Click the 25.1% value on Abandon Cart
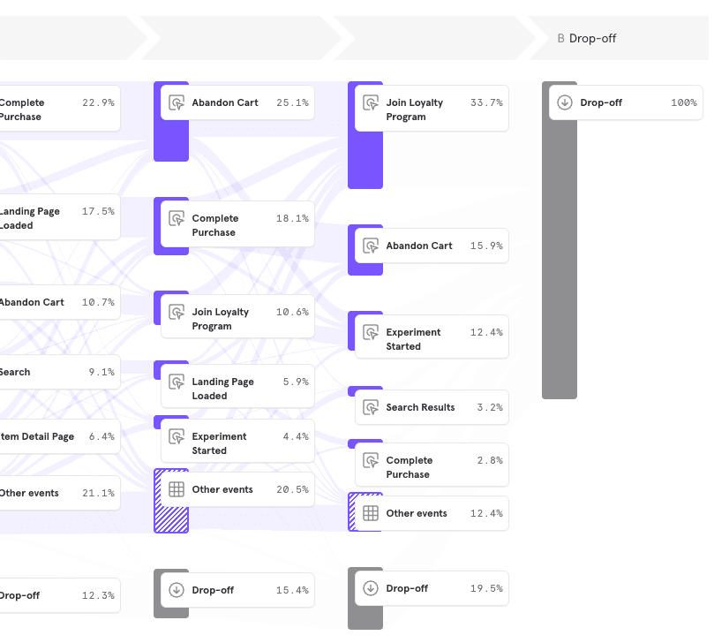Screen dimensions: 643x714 [292, 102]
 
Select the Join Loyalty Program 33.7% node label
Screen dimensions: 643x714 [414, 110]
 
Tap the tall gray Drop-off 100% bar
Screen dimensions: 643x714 [559, 265]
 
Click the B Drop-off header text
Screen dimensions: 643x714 [587, 39]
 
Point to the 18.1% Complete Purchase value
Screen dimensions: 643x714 [292, 218]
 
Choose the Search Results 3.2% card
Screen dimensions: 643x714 [432, 407]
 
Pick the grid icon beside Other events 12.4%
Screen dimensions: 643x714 [371, 513]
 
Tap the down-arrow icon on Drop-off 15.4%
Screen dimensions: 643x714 [177, 590]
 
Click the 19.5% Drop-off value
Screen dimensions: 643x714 [486, 588]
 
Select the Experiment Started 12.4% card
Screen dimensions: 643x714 [432, 339]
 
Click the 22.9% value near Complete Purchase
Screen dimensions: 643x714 [98, 102]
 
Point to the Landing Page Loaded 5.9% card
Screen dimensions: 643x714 [237, 389]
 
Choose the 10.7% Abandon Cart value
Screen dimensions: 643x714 [98, 302]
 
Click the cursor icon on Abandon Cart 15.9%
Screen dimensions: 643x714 [371, 246]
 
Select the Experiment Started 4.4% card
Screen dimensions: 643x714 [237, 443]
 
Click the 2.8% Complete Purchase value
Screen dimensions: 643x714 [489, 460]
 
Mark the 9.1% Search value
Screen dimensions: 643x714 [101, 372]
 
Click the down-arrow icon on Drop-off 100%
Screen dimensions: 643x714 [565, 102]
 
